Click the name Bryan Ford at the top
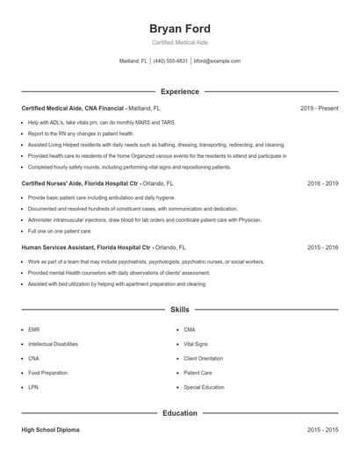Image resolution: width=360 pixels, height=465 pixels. [x=180, y=28]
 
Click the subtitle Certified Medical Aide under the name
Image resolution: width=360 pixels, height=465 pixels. [x=180, y=42]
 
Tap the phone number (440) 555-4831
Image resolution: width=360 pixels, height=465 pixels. [x=171, y=61]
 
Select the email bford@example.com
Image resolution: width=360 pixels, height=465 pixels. [x=217, y=61]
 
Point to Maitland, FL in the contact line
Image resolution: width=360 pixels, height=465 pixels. [x=133, y=61]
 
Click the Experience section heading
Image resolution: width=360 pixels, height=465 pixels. [x=180, y=91]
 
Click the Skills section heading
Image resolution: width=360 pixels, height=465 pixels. [x=180, y=310]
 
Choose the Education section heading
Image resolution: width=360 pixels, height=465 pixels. [x=180, y=412]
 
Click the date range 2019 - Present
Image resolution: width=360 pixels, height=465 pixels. [x=319, y=108]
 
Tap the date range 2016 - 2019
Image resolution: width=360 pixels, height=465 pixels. [x=322, y=184]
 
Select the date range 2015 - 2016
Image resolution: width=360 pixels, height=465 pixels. [x=322, y=248]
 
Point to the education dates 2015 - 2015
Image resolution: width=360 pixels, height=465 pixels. [x=322, y=430]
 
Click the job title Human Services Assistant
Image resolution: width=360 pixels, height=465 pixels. [x=58, y=248]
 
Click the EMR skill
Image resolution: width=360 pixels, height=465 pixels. [x=34, y=330]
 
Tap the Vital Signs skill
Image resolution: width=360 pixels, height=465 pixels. [x=196, y=344]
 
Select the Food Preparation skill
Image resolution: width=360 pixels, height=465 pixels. [x=47, y=373]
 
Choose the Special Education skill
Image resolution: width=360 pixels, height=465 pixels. [x=204, y=387]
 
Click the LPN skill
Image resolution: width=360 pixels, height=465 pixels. [x=33, y=387]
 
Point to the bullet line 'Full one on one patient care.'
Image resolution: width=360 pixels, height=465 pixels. [x=60, y=231]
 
